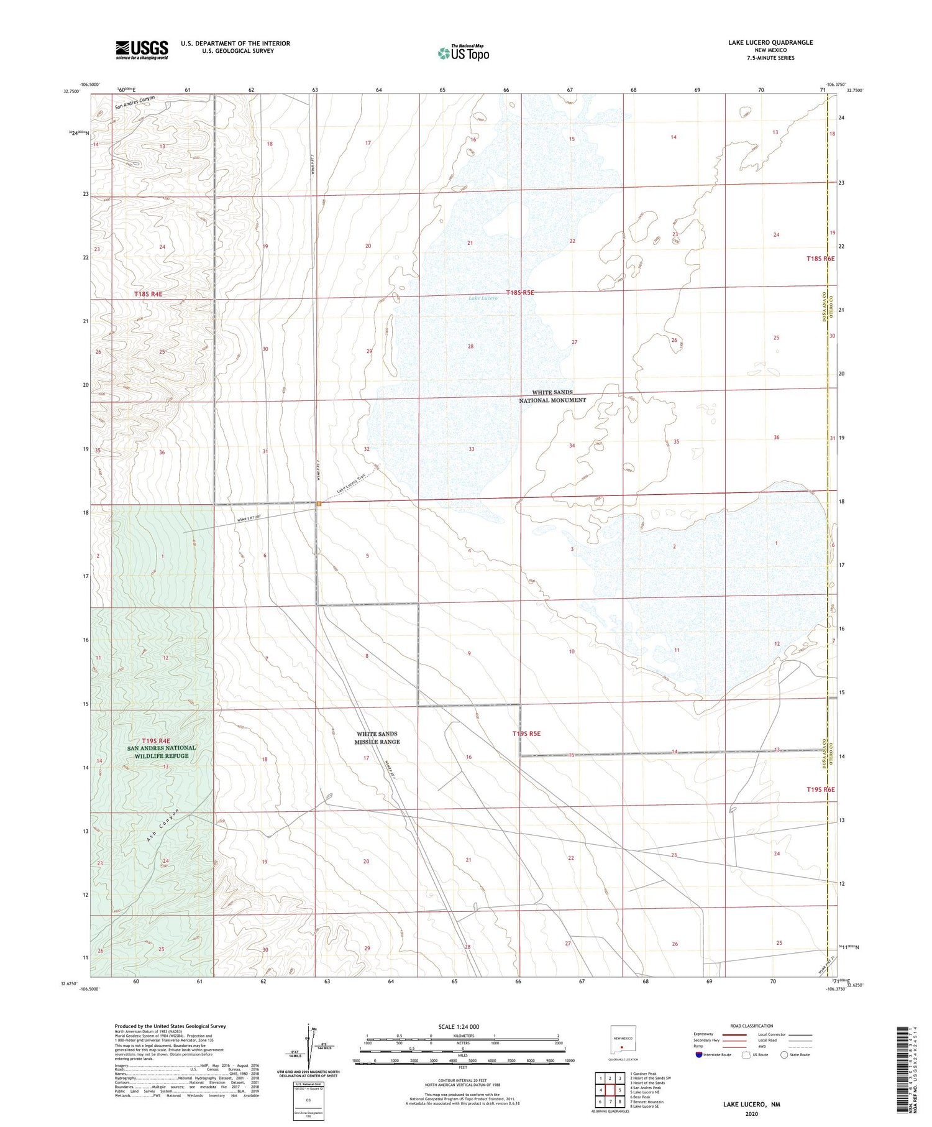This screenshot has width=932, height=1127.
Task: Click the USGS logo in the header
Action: [x=142, y=50]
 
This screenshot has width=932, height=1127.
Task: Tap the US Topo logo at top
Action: [x=463, y=53]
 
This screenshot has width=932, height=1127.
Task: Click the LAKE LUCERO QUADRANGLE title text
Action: [x=770, y=42]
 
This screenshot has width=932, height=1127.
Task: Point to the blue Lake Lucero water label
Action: [x=483, y=298]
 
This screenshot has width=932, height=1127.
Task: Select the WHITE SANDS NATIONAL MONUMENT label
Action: [x=552, y=397]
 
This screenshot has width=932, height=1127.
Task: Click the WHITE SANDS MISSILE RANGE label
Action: [x=377, y=738]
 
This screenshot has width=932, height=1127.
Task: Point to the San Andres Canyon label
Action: [x=134, y=102]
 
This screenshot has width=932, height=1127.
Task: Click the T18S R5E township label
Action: [x=519, y=292]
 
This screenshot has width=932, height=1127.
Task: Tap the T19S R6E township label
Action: [x=820, y=789]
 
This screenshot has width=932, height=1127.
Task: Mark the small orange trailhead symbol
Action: [x=318, y=504]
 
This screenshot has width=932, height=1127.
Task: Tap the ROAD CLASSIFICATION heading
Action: [x=752, y=1026]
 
